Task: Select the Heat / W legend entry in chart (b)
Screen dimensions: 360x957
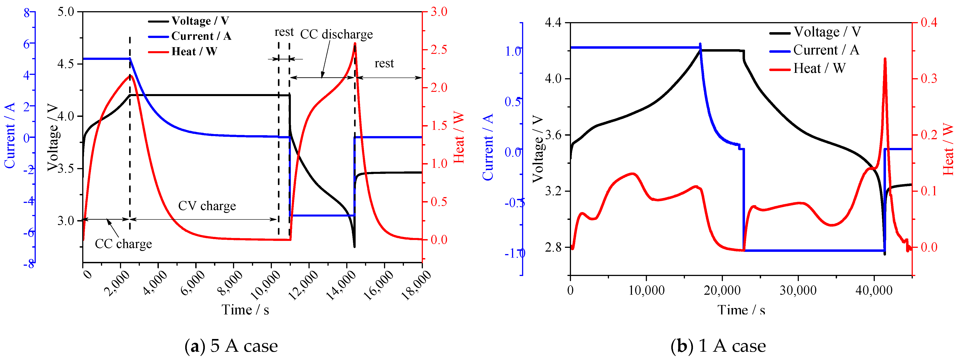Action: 819,68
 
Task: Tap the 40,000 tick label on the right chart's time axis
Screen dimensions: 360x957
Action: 874,290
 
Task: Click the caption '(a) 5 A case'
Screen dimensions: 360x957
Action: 231,346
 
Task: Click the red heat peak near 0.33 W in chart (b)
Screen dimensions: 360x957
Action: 885,59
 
